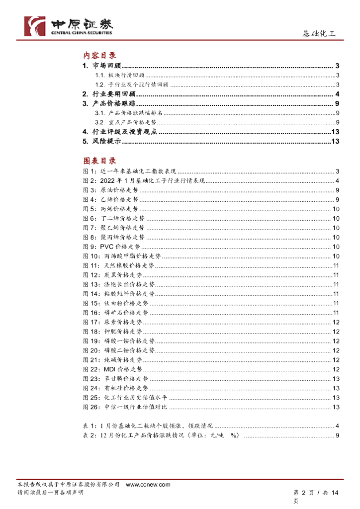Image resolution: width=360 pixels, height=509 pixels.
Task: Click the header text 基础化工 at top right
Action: tap(319, 34)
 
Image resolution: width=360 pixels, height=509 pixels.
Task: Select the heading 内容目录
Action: tap(99, 56)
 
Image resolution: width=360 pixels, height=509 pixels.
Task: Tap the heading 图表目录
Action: tap(99, 161)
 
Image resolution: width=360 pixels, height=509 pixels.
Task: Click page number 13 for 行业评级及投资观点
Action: tap(335, 132)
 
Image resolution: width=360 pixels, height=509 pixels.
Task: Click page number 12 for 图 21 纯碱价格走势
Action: tap(336, 360)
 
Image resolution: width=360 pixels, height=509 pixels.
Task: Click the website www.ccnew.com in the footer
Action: tap(148, 484)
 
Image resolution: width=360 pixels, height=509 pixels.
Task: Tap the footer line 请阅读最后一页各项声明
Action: tap(50, 492)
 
